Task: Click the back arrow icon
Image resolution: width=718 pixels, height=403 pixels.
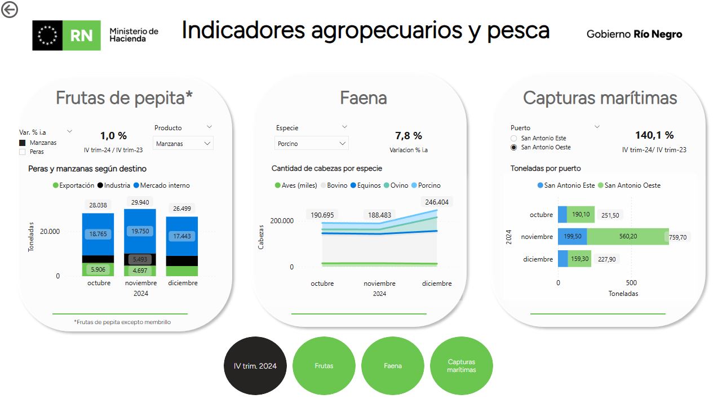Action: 9,9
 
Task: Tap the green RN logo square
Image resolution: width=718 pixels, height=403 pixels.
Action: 81,36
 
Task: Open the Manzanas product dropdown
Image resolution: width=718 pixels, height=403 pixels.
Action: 183,143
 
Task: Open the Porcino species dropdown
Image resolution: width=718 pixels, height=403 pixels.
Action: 311,143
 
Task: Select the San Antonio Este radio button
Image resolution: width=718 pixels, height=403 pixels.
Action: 514,138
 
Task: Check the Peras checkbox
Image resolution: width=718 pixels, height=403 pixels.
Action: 23,152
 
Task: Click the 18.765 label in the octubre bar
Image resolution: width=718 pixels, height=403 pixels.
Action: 97,234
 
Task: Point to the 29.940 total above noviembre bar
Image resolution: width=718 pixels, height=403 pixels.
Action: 140,202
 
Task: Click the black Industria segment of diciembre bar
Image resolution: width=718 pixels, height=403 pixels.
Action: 181,261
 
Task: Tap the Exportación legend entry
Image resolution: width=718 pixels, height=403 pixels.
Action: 73,185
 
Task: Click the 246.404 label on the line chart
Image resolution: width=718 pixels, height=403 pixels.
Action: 437,202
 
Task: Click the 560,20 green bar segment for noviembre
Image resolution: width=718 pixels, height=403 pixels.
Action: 628,236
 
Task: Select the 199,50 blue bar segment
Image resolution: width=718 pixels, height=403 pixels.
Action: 573,236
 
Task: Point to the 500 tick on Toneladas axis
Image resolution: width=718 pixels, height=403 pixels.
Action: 631,282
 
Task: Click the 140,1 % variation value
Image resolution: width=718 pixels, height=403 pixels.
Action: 654,135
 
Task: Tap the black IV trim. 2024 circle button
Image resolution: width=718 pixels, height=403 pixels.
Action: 255,366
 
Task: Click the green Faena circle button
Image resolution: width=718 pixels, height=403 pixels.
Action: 393,366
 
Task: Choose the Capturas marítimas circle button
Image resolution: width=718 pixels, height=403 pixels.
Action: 462,366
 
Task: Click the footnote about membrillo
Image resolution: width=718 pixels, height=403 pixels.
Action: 122,322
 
